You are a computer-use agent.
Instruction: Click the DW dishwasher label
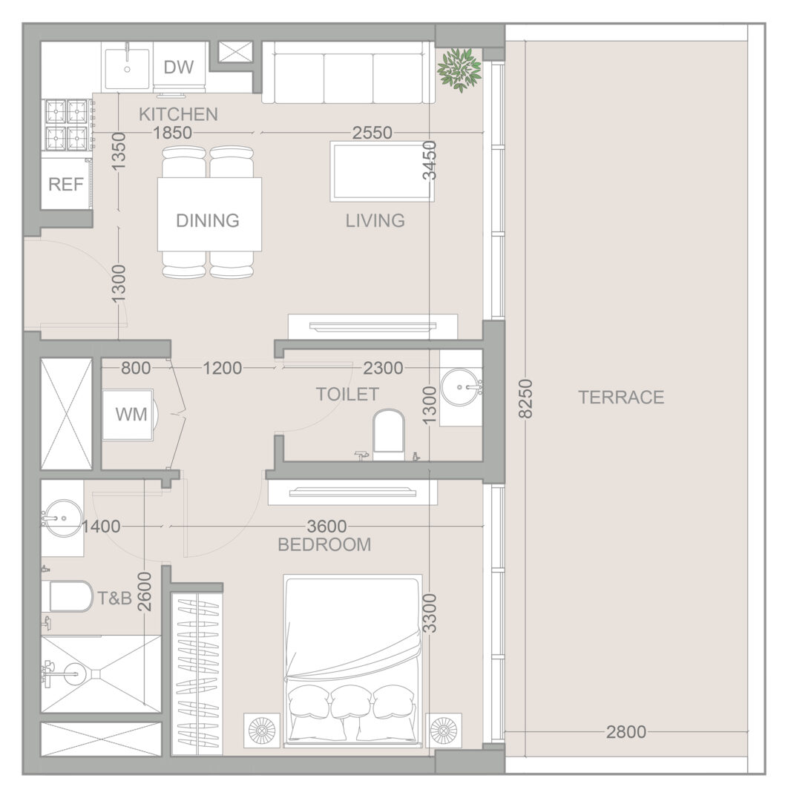179,67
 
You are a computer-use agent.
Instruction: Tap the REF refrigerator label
66,184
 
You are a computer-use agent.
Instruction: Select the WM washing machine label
131,415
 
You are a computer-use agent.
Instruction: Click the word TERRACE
621,397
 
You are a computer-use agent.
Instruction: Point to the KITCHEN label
178,114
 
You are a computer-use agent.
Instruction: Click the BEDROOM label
324,544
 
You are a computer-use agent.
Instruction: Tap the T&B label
114,598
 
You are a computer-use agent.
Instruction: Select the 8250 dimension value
525,398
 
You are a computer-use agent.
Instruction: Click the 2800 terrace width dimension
626,732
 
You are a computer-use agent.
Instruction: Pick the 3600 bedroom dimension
327,526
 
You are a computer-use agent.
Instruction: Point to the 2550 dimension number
372,133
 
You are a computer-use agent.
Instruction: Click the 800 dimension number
136,368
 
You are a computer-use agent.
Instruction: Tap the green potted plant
460,70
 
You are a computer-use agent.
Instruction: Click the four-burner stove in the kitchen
67,125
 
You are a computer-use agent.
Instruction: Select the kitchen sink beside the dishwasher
127,69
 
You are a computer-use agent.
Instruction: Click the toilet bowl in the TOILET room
388,431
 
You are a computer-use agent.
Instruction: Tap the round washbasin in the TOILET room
462,387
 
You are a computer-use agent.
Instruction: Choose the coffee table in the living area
383,171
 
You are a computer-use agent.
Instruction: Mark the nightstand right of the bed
444,730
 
